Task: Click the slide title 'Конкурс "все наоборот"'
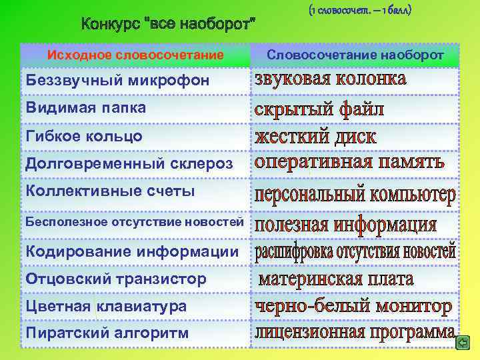169,26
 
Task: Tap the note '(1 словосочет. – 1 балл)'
360,11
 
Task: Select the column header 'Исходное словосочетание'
135,55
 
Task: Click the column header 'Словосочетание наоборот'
355,55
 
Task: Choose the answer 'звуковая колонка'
330,79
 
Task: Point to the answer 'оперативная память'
349,163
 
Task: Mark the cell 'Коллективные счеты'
110,191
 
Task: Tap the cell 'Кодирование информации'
131,251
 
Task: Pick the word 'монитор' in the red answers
410,307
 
